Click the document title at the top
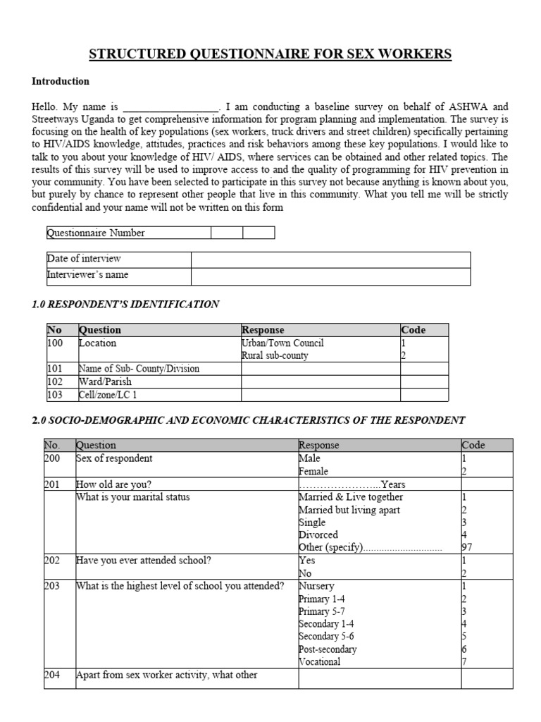coord(270,55)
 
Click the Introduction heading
coord(61,81)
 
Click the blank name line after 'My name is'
coord(170,106)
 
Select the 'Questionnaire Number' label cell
coord(96,233)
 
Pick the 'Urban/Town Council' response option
coord(282,343)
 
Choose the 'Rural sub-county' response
coord(275,356)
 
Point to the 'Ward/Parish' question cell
coord(105,381)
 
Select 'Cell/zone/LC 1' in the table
coord(108,394)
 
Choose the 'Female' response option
coord(313,471)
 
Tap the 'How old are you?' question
coord(113,484)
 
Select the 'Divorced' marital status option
coord(318,535)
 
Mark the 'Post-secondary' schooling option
coord(328,649)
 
